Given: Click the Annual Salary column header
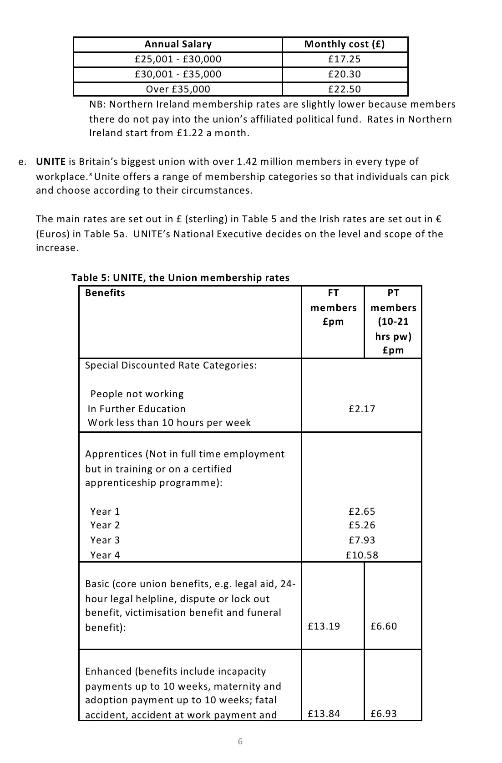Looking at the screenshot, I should pos(178,44).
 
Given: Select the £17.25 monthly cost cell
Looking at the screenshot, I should pos(345,59).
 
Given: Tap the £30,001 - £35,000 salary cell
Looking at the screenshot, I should pos(178,74).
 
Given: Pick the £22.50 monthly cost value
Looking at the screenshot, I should pos(345,89).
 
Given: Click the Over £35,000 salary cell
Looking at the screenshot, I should pos(178,89).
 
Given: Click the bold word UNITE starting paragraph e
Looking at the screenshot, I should pos(51,162).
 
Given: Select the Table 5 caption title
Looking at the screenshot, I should pos(180,278).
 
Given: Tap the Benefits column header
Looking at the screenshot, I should pos(105,293).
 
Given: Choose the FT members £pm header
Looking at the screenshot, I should pos(333,307).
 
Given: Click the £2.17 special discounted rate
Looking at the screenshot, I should pos(362,409).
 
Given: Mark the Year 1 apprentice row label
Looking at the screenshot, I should pos(105,512).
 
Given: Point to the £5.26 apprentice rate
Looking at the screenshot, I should pos(362,525).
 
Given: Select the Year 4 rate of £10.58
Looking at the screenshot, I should pos(362,555).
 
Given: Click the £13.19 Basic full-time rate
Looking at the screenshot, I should pos(324,626).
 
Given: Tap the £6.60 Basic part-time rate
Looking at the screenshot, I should pos(384,626).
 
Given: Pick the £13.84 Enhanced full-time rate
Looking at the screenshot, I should pos(324,714).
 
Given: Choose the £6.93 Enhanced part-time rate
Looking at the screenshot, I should pos(384,714).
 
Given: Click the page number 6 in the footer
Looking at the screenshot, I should pos(240,742).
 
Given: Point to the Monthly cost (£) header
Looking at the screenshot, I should pos(345,44).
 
